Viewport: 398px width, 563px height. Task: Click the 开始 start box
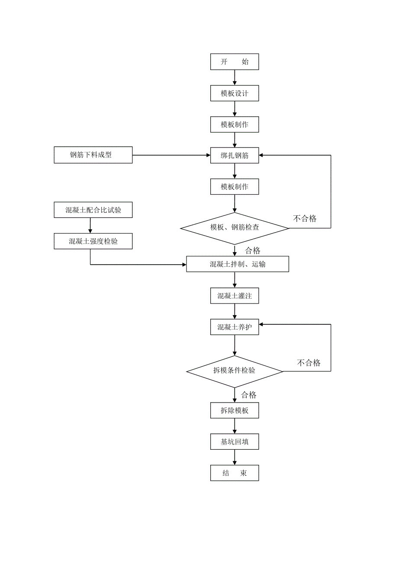click(234, 61)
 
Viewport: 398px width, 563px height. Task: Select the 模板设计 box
click(234, 93)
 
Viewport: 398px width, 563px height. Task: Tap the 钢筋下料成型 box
click(93, 155)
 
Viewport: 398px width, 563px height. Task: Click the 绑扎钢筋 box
click(234, 155)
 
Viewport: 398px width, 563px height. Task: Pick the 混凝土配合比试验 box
click(93, 210)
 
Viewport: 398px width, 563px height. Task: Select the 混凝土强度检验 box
click(93, 241)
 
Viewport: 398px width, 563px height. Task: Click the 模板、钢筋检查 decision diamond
click(234, 227)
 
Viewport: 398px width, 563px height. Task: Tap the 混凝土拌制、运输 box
click(238, 264)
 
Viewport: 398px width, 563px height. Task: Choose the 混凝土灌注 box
click(234, 296)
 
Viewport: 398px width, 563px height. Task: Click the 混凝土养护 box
click(234, 327)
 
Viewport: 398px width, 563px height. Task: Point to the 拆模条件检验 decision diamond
click(234, 371)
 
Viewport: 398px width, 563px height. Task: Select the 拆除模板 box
click(234, 410)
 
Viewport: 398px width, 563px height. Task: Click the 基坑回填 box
click(234, 442)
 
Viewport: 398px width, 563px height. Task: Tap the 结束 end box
click(234, 473)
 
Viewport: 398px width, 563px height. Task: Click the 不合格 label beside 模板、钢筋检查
click(305, 219)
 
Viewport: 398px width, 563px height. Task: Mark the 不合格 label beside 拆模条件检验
click(309, 363)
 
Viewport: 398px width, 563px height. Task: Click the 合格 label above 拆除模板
click(249, 395)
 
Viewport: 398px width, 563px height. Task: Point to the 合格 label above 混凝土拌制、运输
click(253, 250)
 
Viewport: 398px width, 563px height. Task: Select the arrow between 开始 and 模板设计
click(234, 77)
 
